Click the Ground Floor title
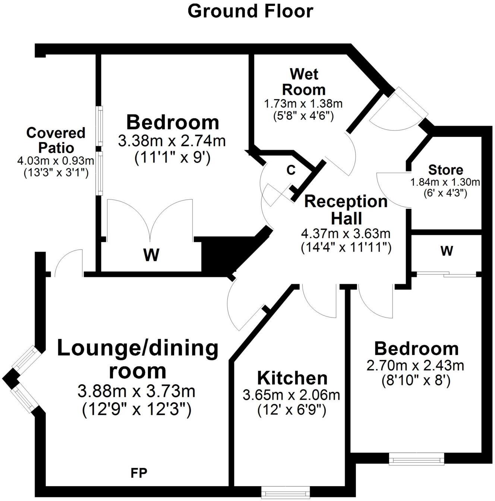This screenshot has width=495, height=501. tap(250, 11)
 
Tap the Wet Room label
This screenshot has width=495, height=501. tap(304, 82)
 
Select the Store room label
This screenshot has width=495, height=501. tap(445, 170)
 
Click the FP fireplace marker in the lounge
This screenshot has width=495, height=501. tap(139, 473)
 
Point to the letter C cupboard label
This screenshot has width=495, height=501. tap(291, 170)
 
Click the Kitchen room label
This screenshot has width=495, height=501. tap(292, 378)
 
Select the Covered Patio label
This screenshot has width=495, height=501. tap(56, 140)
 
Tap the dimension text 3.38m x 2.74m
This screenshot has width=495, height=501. tap(172, 142)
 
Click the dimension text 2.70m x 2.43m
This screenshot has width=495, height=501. tap(416, 366)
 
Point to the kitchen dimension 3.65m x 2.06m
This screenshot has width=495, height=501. tap(291, 395)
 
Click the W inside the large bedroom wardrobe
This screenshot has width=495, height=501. tap(151, 255)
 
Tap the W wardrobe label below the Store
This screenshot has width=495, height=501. tap(447, 251)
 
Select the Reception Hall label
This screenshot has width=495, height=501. tap(346, 209)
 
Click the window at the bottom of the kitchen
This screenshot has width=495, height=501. tap(285, 492)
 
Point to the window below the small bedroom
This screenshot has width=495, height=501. tap(416, 459)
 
